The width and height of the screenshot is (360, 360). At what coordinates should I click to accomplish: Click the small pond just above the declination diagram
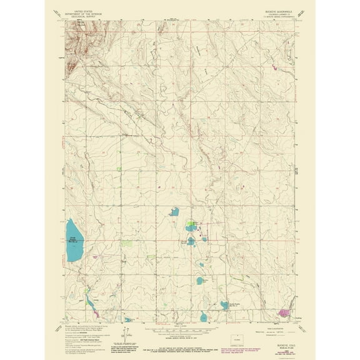(x=128, y=317)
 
